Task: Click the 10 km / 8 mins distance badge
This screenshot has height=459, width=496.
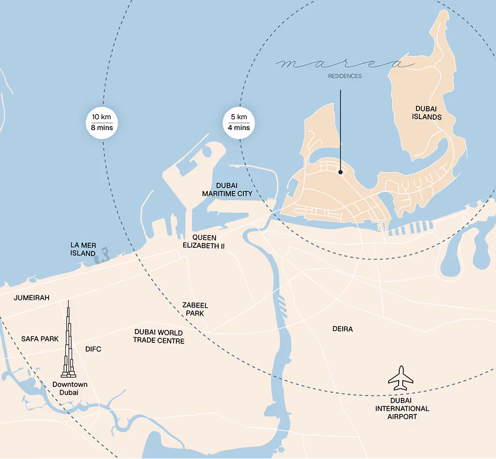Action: [x=103, y=122]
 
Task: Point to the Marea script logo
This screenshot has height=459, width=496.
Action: [x=345, y=64]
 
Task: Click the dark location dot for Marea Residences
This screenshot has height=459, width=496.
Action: [x=340, y=171]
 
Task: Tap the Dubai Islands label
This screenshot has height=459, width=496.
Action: [x=427, y=113]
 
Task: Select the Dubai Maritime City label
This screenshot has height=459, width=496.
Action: [x=227, y=190]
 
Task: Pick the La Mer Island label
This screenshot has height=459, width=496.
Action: [x=83, y=249]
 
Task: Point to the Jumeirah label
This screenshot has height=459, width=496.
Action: [x=32, y=297]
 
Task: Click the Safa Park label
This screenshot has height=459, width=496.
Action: [x=40, y=339]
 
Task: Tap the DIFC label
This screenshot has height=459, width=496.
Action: [x=93, y=349]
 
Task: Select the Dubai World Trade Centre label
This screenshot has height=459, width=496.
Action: [x=159, y=337]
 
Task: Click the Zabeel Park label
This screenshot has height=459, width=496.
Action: [x=195, y=309]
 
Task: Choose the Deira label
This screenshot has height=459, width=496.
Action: [x=343, y=329]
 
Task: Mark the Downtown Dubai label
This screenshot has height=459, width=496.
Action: [x=70, y=388]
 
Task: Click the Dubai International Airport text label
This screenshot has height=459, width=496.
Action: [x=402, y=412]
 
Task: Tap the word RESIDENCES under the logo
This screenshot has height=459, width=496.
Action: [x=345, y=76]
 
